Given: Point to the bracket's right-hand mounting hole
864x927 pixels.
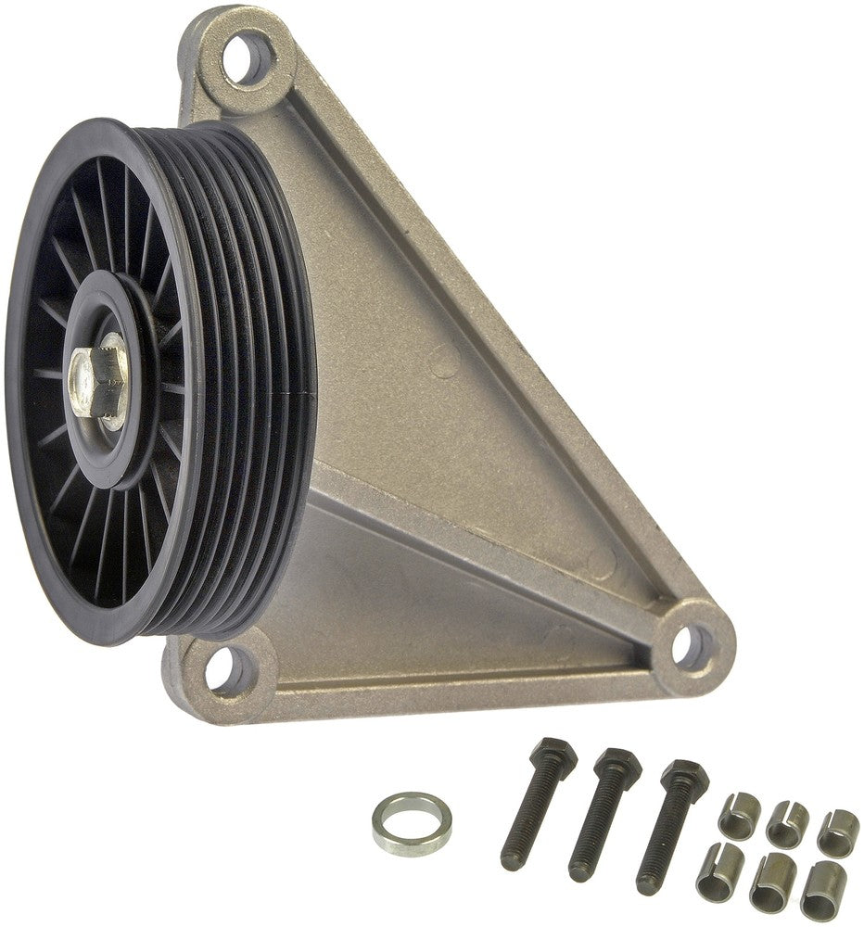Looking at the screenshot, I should pos(691,641).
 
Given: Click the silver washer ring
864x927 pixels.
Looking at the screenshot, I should pos(413,821).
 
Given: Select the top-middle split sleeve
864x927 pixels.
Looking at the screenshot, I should pos(787,821).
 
